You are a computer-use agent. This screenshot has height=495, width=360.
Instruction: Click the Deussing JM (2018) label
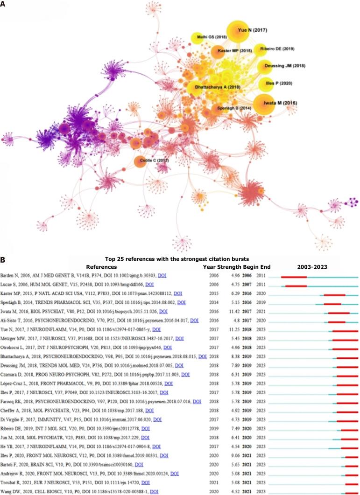point(285,66)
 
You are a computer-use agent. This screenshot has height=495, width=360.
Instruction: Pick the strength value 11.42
point(226,311)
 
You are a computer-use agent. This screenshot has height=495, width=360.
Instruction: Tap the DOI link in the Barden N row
point(162,276)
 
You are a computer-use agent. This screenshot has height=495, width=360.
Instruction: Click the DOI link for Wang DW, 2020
point(154,491)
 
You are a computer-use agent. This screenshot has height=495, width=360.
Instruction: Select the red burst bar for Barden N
point(294,277)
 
